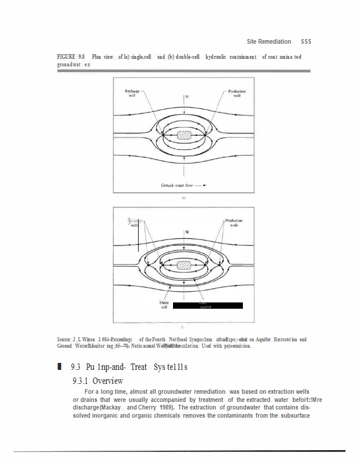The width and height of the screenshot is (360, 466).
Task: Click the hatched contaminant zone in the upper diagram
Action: (x=184, y=135)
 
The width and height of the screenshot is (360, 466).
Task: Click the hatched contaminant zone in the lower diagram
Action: (x=184, y=266)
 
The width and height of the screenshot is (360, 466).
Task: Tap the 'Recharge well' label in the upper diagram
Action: (x=132, y=93)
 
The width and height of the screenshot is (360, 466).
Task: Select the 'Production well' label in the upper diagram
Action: (x=237, y=93)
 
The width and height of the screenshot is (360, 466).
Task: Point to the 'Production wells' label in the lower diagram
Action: (x=234, y=223)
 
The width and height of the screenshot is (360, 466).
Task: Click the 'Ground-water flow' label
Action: (x=177, y=185)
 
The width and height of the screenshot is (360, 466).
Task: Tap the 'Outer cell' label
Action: (x=164, y=305)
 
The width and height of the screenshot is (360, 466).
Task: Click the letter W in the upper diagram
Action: (x=187, y=96)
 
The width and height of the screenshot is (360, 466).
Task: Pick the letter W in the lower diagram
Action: (x=187, y=232)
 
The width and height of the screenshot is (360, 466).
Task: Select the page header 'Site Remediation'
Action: (x=269, y=41)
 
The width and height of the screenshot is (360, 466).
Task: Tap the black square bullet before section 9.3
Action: (x=59, y=367)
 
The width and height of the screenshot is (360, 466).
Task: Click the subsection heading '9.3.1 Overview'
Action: (x=97, y=381)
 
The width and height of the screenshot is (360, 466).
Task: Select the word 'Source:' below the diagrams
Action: (x=64, y=339)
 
